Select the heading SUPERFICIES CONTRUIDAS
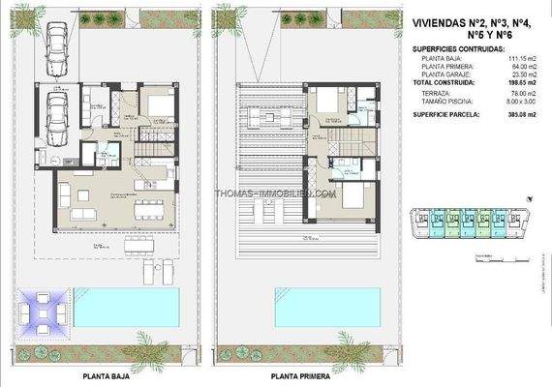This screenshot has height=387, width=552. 458,47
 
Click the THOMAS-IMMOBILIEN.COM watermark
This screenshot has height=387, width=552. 275,193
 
